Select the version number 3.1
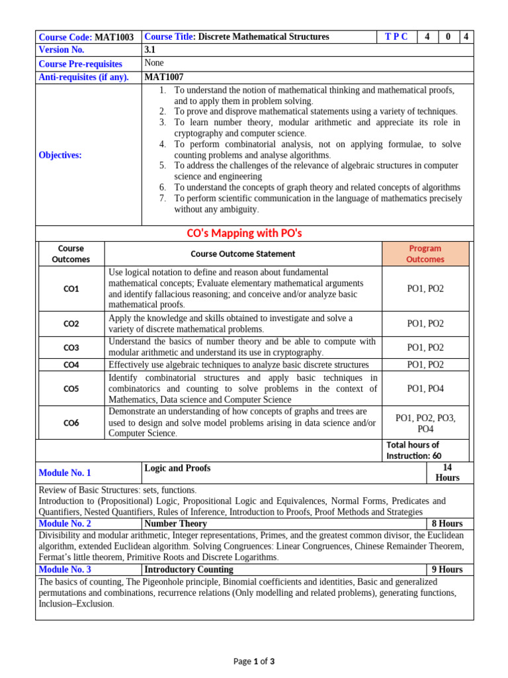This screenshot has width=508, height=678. pyautogui.click(x=150, y=50)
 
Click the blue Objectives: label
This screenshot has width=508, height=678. pyautogui.click(x=60, y=155)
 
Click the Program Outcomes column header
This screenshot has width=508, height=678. pyautogui.click(x=425, y=254)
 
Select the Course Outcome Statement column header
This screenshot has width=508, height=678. pyautogui.click(x=243, y=254)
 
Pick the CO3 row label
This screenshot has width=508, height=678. pyautogui.click(x=71, y=348)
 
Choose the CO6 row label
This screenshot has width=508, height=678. pyautogui.click(x=71, y=422)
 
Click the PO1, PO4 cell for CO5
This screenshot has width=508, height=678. pyautogui.click(x=425, y=389)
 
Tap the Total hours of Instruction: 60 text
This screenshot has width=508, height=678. pyautogui.click(x=413, y=450)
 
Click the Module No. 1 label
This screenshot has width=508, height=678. pyautogui.click(x=65, y=473)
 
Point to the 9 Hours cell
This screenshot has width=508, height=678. pyautogui.click(x=447, y=569)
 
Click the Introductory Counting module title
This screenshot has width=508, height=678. pyautogui.click(x=189, y=569)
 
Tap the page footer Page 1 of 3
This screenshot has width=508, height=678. pyautogui.click(x=254, y=661)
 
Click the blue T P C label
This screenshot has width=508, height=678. pyautogui.click(x=396, y=37)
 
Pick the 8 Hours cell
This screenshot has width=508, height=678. pyautogui.click(x=447, y=524)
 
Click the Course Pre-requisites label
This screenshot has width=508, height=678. pyautogui.click(x=81, y=64)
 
